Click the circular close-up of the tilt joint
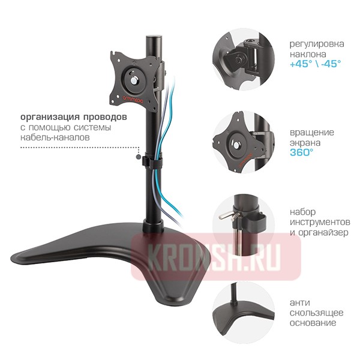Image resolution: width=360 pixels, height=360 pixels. (244, 59)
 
